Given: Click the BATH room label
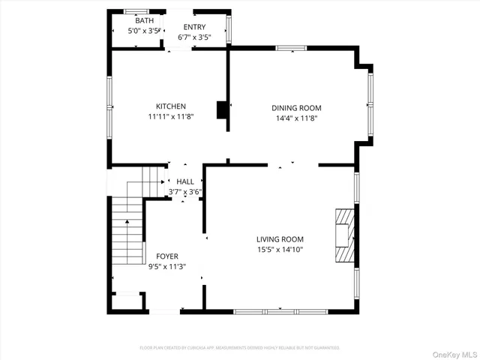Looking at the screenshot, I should pyautogui.click(x=144, y=21).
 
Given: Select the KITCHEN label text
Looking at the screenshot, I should pyautogui.click(x=170, y=106).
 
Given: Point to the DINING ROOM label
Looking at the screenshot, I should pyautogui.click(x=296, y=108).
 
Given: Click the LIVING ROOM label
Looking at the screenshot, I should pyautogui.click(x=281, y=239).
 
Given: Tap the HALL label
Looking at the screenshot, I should pyautogui.click(x=184, y=181).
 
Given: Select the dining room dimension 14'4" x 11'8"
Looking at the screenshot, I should pyautogui.click(x=296, y=118).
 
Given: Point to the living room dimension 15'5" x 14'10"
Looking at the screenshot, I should pyautogui.click(x=281, y=250).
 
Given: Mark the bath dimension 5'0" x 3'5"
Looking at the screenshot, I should pyautogui.click(x=144, y=31).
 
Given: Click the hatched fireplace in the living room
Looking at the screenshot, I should pyautogui.click(x=343, y=235).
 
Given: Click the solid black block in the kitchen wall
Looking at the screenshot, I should pyautogui.click(x=222, y=109).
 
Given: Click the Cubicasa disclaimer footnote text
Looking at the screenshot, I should pyautogui.click(x=240, y=347).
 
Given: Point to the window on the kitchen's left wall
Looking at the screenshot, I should pyautogui.click(x=109, y=106).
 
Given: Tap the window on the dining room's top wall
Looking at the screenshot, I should pyautogui.click(x=291, y=49).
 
